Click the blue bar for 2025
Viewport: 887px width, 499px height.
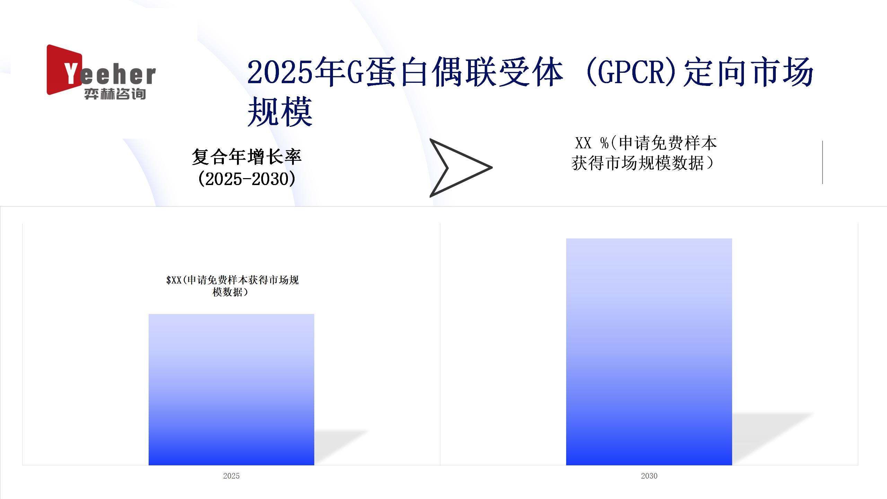[231, 389]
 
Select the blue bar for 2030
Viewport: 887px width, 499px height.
[649, 352]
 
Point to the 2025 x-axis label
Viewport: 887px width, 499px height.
[231, 476]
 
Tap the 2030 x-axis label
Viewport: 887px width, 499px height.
[649, 476]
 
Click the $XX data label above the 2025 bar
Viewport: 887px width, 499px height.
[232, 286]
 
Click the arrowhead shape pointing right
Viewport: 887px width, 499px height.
[457, 168]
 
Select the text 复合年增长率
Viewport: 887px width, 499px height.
[247, 157]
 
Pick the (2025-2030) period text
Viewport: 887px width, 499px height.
[247, 179]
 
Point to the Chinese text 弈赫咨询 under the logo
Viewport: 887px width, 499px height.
[115, 94]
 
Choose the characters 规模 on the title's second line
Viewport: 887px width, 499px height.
[280, 112]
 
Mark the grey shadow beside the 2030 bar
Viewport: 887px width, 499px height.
[773, 438]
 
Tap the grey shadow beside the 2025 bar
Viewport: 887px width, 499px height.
[341, 447]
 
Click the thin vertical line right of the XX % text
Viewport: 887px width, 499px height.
[822, 162]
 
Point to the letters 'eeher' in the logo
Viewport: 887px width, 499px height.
[118, 75]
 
